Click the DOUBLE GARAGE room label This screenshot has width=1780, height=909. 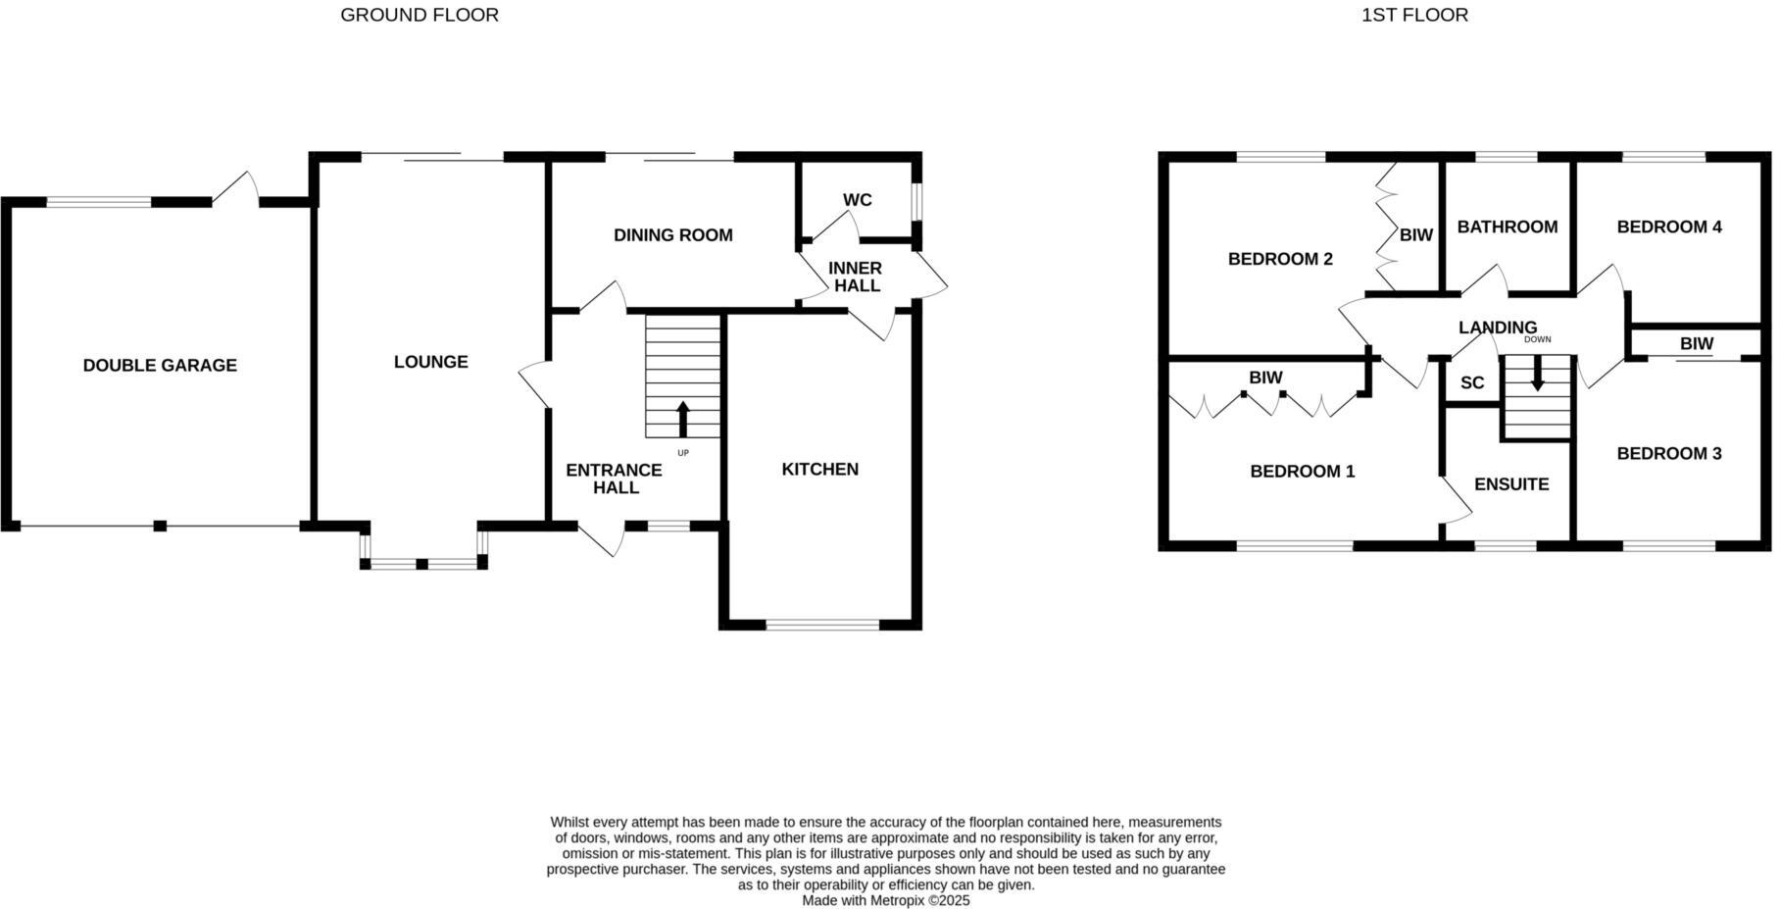(160, 366)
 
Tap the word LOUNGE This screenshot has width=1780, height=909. (430, 362)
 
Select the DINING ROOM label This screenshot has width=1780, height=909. (672, 235)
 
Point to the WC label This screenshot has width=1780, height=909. (857, 200)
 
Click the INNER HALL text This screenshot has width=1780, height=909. (856, 277)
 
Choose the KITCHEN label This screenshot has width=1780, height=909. (819, 470)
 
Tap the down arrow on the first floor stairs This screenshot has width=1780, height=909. (1537, 373)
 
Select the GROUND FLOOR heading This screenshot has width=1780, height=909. (420, 15)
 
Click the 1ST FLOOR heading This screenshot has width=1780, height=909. (1414, 15)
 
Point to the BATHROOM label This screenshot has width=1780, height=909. (1507, 227)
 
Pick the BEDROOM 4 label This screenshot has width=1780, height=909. (1668, 227)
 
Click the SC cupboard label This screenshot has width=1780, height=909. (1472, 383)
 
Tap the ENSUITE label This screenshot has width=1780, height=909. (1511, 484)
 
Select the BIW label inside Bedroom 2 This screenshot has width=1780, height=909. (1415, 235)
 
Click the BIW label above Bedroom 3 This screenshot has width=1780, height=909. (1696, 344)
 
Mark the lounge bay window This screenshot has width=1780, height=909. (423, 563)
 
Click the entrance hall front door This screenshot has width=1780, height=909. (600, 539)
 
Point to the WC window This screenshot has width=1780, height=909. (916, 202)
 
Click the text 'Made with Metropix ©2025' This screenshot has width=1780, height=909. (885, 900)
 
